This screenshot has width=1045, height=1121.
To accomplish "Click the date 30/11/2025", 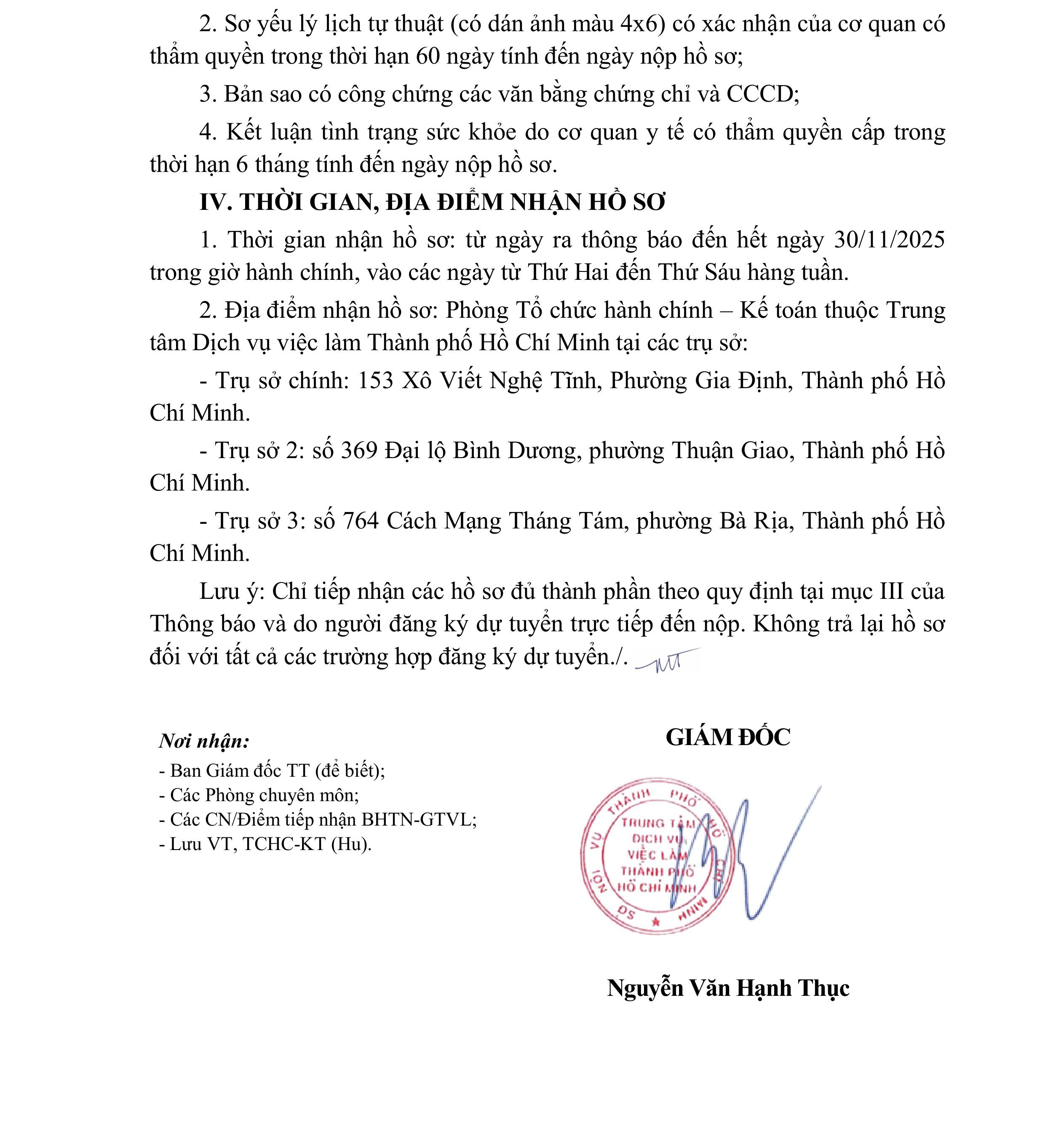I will [x=889, y=240].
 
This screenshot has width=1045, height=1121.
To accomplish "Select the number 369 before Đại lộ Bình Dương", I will [x=359, y=451].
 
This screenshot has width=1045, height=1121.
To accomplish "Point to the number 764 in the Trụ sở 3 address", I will [x=360, y=520].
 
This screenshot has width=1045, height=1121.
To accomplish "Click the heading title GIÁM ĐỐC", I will [x=728, y=737].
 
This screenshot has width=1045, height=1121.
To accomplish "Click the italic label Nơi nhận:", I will [x=204, y=741].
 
